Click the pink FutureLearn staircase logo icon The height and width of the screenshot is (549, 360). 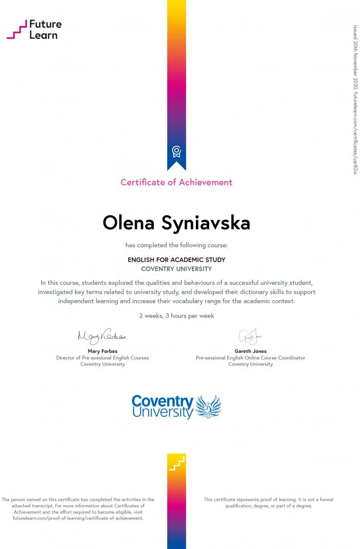(16, 29)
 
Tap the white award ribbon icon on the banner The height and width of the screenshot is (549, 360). (176, 151)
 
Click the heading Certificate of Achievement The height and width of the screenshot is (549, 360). (176, 182)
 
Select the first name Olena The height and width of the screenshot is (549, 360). (129, 223)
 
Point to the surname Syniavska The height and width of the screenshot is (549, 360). (206, 223)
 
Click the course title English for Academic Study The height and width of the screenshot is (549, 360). (176, 260)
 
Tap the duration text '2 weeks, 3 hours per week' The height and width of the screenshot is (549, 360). (176, 316)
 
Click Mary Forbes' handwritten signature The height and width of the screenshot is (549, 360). (102, 337)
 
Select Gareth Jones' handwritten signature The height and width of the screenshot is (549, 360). (250, 337)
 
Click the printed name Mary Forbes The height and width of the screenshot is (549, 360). (102, 351)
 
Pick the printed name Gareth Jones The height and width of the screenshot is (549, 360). (250, 351)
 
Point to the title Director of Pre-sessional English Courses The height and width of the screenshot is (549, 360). (102, 358)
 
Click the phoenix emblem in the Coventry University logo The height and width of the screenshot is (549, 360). (208, 407)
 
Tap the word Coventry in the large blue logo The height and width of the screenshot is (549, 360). (163, 401)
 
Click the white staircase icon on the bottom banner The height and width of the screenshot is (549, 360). (176, 464)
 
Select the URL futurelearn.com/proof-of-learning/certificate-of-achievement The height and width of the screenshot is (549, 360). (78, 518)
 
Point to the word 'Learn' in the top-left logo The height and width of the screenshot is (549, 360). (44, 35)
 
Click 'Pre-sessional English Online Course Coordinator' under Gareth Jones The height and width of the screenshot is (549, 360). (250, 358)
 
